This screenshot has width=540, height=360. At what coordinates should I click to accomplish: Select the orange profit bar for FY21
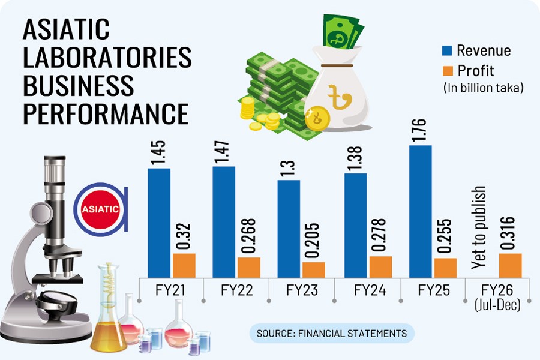click(x=184, y=265)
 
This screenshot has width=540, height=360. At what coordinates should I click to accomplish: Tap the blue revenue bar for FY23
click(x=288, y=228)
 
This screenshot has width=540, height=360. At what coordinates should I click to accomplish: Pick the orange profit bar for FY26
click(x=510, y=265)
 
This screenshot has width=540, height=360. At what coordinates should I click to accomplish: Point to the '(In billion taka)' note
click(x=484, y=88)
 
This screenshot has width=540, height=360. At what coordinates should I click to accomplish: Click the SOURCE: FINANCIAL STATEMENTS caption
click(x=331, y=333)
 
